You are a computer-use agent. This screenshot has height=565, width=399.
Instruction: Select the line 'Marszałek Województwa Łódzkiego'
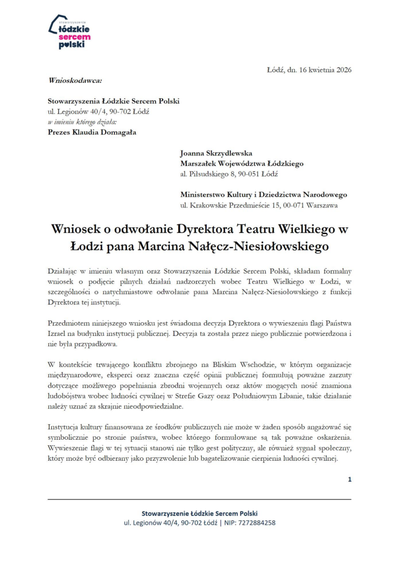tap(241, 163)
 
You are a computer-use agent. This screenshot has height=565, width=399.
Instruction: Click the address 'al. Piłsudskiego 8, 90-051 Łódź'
tap(229, 174)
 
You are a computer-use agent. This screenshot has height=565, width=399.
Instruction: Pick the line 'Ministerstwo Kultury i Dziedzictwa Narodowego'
tap(263, 195)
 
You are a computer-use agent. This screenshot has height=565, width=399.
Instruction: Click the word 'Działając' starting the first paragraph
tap(64, 271)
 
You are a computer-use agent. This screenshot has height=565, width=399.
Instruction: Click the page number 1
tap(349, 479)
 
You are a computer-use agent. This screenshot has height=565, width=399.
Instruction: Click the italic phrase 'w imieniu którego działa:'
tap(82, 121)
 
